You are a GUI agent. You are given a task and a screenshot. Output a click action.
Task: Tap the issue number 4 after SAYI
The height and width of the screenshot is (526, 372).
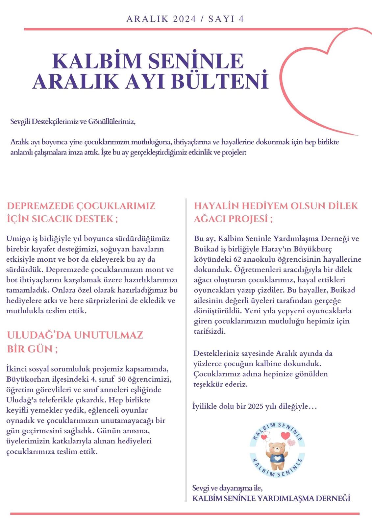pos(241,19)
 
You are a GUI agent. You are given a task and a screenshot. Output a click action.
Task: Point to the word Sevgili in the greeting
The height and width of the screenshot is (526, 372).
pos(20,122)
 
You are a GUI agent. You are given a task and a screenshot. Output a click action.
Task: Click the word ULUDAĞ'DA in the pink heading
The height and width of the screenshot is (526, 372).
pos(37,335)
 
